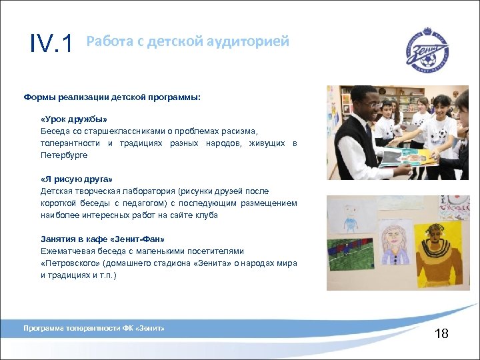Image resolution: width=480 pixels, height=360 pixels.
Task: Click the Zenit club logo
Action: click(427, 49)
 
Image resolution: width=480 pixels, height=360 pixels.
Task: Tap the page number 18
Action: click(441, 333)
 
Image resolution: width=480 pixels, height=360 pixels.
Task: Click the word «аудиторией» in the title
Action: click(251, 41)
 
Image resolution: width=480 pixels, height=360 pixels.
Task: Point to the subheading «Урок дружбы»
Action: click(73, 119)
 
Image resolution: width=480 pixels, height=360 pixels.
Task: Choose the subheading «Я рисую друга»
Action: click(77, 179)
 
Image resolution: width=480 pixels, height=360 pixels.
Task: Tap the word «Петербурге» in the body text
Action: click(64, 155)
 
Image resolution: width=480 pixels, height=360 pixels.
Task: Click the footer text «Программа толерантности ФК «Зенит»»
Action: click(94, 328)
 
